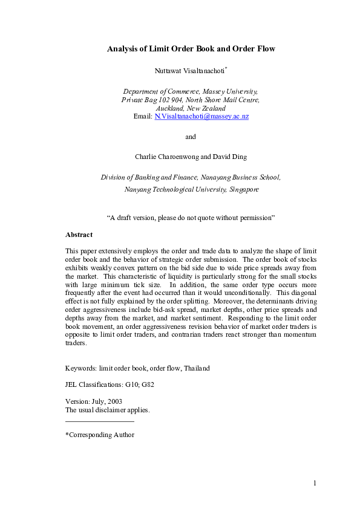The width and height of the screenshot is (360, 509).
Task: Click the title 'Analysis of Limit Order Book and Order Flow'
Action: [x=191, y=48]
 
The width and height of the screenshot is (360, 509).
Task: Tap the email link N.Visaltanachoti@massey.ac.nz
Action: [x=201, y=116]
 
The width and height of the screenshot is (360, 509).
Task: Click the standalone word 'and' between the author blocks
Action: [x=191, y=137]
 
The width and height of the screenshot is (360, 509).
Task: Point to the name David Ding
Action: [x=234, y=157]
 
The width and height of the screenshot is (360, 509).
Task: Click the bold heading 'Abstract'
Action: [x=79, y=235]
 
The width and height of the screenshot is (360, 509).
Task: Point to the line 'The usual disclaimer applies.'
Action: [x=107, y=410]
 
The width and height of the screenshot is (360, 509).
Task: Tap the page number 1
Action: [x=315, y=482]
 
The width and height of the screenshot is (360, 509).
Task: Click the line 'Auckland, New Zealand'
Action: [x=191, y=108]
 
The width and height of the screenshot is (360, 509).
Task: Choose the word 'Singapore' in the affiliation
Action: [x=244, y=189]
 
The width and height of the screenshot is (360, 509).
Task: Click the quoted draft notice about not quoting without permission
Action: [x=191, y=216]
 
